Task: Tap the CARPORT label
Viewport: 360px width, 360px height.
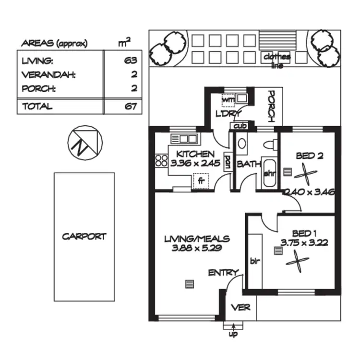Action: tap(84, 236)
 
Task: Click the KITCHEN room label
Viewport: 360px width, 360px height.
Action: tap(195, 154)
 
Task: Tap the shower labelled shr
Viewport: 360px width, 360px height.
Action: tap(269, 173)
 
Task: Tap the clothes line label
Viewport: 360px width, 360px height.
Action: tap(277, 60)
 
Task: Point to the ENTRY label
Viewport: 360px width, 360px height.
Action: tap(223, 273)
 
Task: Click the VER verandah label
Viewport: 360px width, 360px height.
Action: tap(240, 307)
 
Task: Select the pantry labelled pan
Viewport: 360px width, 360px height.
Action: tap(228, 161)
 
